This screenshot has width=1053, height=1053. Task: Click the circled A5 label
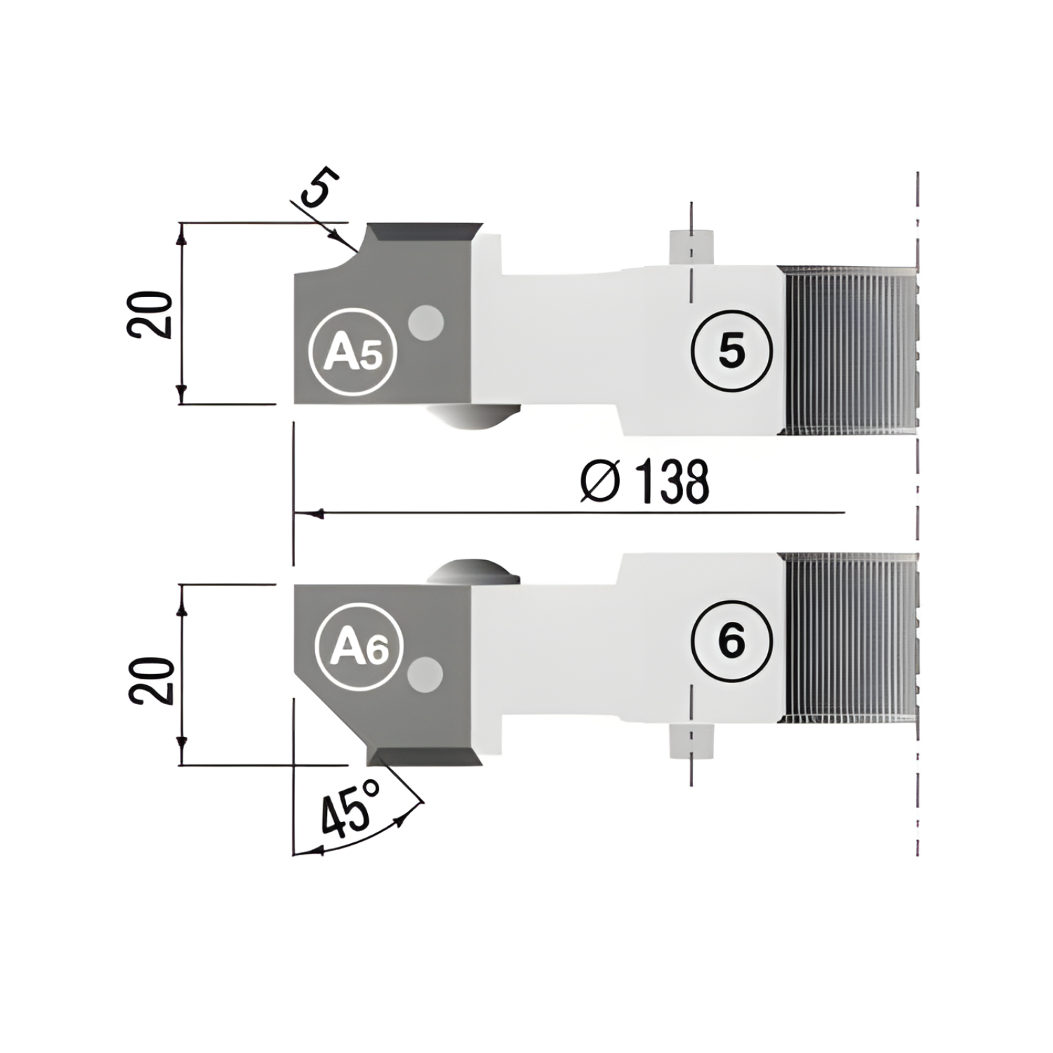click(x=354, y=350)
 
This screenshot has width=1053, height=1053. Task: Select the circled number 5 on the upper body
click(x=731, y=350)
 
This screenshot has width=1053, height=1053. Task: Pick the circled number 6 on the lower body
click(x=731, y=640)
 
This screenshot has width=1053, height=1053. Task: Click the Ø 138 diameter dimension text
click(x=645, y=482)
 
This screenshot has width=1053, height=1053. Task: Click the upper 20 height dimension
click(x=150, y=314)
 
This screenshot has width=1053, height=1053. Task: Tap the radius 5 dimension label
click(x=320, y=187)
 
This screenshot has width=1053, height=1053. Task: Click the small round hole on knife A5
click(x=426, y=324)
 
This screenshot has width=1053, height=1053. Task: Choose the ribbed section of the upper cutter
click(x=847, y=350)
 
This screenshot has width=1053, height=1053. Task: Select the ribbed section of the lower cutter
click(x=847, y=637)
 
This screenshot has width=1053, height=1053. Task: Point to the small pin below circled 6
click(x=691, y=741)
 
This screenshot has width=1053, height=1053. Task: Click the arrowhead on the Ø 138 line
click(x=315, y=513)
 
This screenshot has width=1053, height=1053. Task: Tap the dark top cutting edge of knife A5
click(x=425, y=232)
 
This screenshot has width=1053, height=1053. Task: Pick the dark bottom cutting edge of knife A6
click(x=425, y=756)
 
